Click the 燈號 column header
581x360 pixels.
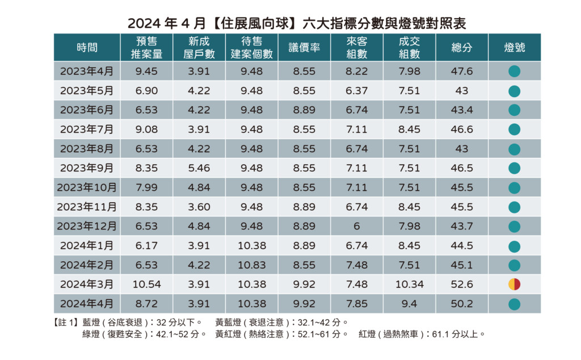coord(514,48)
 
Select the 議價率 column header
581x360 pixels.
coord(304,48)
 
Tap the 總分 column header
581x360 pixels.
coord(461,48)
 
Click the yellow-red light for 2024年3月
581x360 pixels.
coord(514,284)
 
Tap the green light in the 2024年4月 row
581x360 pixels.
coord(514,304)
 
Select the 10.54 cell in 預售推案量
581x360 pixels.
coord(146,284)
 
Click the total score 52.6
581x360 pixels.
coord(461,284)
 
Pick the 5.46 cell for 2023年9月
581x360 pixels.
coord(199,168)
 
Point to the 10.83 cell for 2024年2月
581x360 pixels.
coord(251,265)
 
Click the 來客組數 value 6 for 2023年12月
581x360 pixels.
coord(356,226)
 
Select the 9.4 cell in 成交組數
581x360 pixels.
coord(409,304)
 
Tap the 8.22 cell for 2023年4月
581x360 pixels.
coord(356,72)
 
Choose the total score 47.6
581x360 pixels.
coord(461,72)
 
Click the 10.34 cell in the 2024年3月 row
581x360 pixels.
coord(409,284)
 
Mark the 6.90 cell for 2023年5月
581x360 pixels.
coord(146,91)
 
